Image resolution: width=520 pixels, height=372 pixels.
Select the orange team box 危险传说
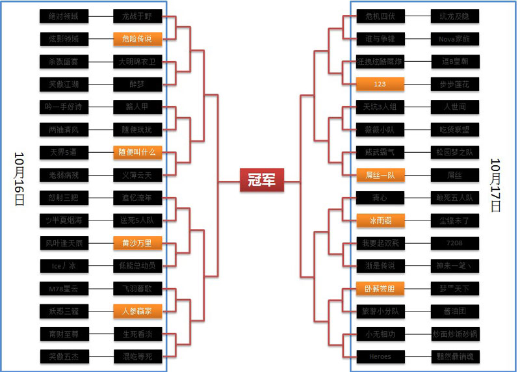(x=136, y=39)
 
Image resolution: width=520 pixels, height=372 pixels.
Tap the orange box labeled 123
(x=380, y=85)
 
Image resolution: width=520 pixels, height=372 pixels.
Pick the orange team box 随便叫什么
(x=136, y=152)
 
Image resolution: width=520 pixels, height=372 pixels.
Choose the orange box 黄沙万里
(x=136, y=243)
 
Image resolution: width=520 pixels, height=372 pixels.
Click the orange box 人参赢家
(x=136, y=311)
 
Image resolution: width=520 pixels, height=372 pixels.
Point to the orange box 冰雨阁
(x=380, y=220)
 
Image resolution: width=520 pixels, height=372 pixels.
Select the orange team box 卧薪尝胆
(x=380, y=288)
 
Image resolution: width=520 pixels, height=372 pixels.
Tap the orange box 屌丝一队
(x=380, y=175)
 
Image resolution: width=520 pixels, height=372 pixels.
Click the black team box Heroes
(x=380, y=356)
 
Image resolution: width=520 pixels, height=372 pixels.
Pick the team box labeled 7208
(x=454, y=243)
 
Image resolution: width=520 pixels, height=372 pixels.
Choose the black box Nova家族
(x=454, y=39)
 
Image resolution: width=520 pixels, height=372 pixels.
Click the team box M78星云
(x=63, y=288)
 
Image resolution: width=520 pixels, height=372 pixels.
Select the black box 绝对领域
(x=63, y=16)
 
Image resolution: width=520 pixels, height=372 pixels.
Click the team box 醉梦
(x=136, y=85)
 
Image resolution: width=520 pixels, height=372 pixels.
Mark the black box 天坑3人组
(x=380, y=107)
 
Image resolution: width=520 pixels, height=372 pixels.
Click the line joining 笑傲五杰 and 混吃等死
(x=100, y=356)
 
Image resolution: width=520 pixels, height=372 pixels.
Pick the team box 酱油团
(x=454, y=311)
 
